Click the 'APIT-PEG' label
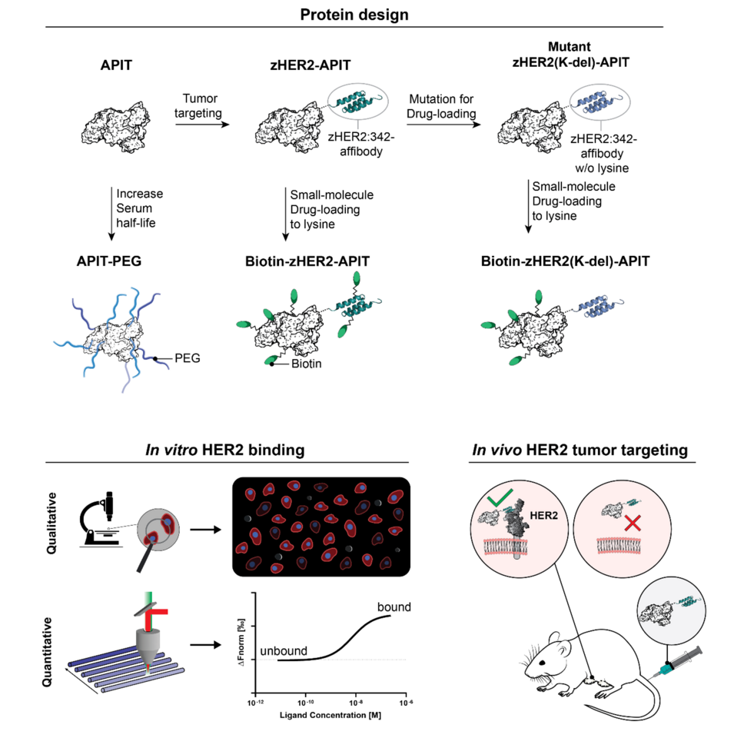[x=114, y=261]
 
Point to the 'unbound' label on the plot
[x=283, y=651]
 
